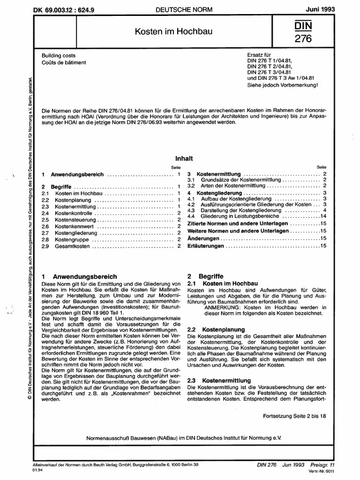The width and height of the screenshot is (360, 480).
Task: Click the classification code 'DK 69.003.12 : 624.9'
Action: (66, 9)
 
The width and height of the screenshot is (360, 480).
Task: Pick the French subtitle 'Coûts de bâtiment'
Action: (64, 62)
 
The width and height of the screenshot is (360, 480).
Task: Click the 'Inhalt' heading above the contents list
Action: (184, 159)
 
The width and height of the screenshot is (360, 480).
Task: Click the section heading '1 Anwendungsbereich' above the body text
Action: (79, 277)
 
